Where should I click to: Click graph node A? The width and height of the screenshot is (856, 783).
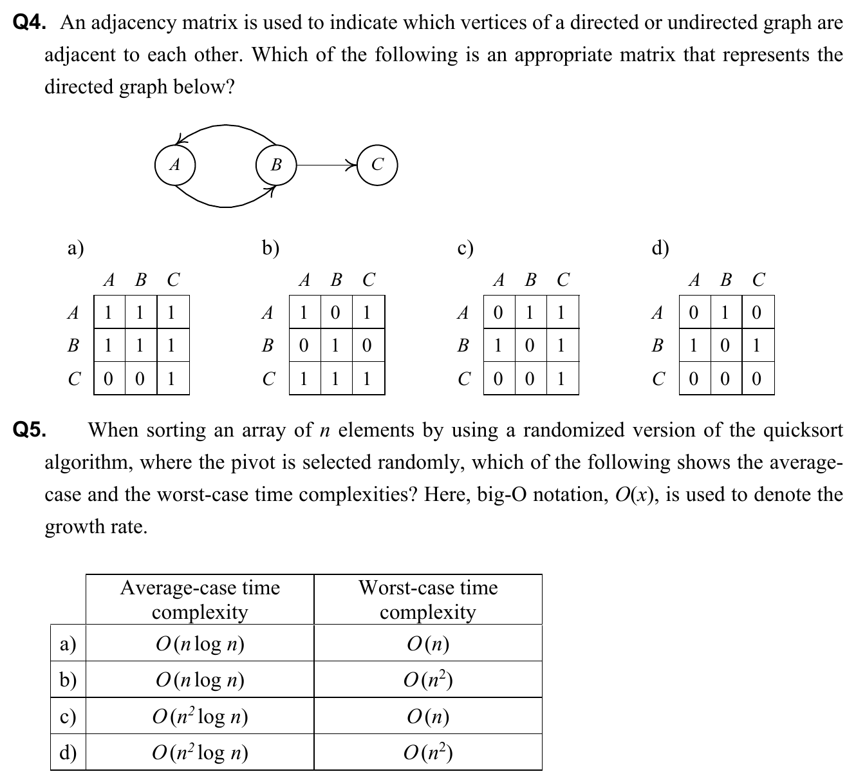175,165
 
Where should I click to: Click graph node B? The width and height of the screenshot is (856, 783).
276,165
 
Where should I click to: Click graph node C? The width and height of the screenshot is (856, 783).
378,165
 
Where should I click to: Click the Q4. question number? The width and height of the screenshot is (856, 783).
30,23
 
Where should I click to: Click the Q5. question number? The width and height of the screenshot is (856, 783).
30,429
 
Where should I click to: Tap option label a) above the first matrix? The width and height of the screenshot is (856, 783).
76,248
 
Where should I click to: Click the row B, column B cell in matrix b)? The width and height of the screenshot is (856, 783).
335,346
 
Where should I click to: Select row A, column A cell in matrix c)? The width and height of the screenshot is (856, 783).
498,313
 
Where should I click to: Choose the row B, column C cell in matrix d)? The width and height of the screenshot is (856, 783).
758,346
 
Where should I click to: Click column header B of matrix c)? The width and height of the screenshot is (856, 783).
531,280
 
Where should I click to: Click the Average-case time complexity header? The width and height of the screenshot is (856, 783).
200,599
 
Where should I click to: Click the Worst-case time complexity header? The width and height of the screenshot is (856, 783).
428,599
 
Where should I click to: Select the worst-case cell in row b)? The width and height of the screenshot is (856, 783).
428,680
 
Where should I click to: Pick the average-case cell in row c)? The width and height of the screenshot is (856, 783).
200,716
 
